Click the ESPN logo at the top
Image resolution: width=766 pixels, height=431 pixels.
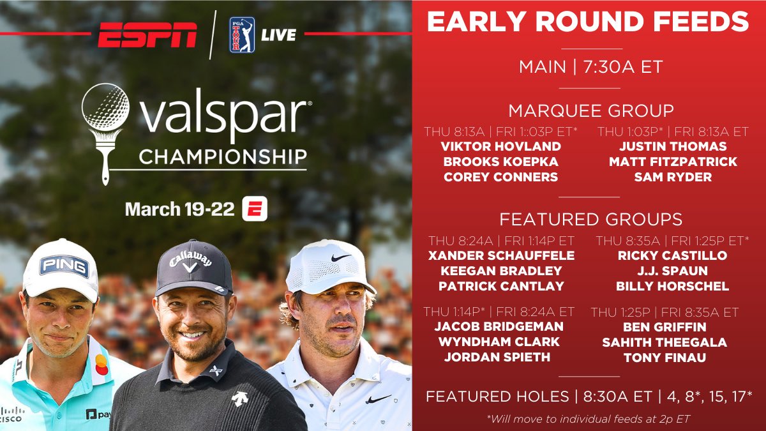pyautogui.click(x=147, y=34)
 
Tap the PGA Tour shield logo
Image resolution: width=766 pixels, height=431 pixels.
pyautogui.click(x=242, y=34)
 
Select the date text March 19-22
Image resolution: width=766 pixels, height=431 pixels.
pyautogui.click(x=180, y=209)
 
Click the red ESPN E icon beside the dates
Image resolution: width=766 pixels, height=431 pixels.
pyautogui.click(x=254, y=209)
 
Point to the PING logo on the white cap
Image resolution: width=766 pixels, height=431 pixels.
pyautogui.click(x=64, y=266)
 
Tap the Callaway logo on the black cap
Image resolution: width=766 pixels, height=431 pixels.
pyautogui.click(x=191, y=262)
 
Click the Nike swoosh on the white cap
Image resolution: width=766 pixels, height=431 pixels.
pyautogui.click(x=340, y=257)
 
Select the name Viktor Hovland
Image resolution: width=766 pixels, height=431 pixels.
pyautogui.click(x=500, y=146)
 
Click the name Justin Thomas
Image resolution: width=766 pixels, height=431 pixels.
pyautogui.click(x=673, y=146)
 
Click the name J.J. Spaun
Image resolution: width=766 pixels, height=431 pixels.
pyautogui.click(x=672, y=271)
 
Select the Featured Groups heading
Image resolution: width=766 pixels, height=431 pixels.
pyautogui.click(x=590, y=220)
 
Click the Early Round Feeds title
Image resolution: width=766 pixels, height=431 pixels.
pyautogui.click(x=587, y=22)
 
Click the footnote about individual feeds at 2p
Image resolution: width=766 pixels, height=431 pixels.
pyautogui.click(x=588, y=418)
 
